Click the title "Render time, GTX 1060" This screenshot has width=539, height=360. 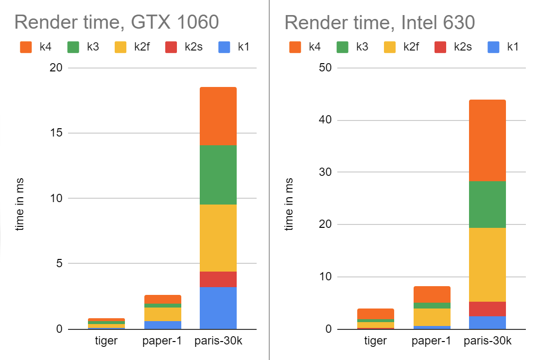coord(117,22)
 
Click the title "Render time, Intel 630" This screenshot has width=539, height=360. coord(380,22)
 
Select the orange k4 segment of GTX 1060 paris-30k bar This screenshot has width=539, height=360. coord(218,116)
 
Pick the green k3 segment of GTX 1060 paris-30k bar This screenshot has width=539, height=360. coord(218,175)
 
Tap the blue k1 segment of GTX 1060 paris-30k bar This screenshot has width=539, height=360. coord(218,308)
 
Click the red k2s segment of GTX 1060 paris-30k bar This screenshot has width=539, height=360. coord(218,279)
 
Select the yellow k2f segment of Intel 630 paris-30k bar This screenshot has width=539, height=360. coord(487,265)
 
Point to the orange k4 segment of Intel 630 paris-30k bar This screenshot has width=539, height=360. coord(487,140)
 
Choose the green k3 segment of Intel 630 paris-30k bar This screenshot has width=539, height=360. coord(487,205)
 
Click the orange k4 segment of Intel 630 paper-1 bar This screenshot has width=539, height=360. coord(432,294)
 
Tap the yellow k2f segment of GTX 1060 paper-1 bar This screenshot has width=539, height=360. coord(163,314)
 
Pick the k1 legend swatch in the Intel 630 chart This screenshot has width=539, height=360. coord(493,47)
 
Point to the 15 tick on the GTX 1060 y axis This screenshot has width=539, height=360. coord(57,133)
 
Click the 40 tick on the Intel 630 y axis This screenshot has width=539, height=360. coord(326,120)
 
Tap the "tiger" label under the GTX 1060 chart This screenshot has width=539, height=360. coord(106,341)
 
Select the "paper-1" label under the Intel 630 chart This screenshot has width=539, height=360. coord(432,341)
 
